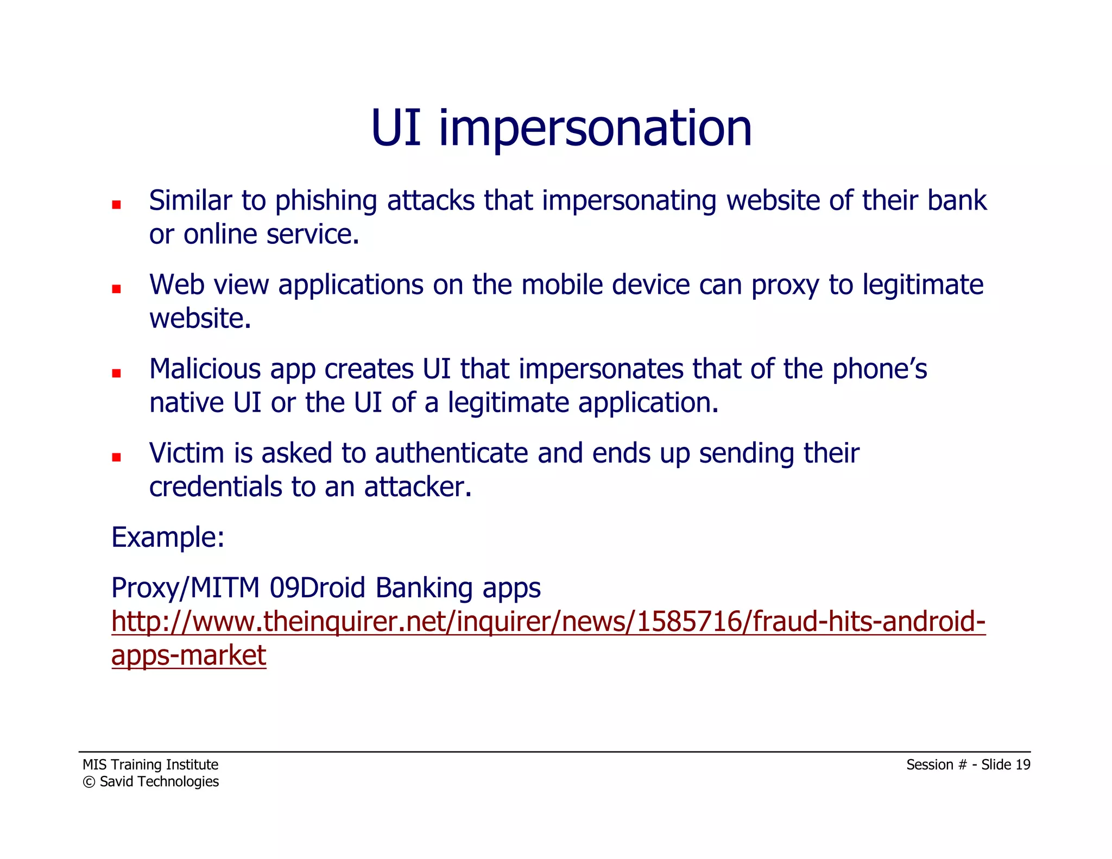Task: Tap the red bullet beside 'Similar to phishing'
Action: [x=116, y=205]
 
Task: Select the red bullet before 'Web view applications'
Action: [x=116, y=289]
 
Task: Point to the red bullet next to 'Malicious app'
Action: [x=116, y=373]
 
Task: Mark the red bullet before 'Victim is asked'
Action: [x=116, y=457]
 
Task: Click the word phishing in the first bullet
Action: [x=326, y=201]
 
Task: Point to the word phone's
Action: [x=880, y=369]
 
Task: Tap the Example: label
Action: [x=168, y=538]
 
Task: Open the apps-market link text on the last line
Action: [x=188, y=655]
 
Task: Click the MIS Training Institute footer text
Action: [x=150, y=765]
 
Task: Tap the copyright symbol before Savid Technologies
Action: [x=89, y=782]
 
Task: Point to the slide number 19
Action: [x=1022, y=765]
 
